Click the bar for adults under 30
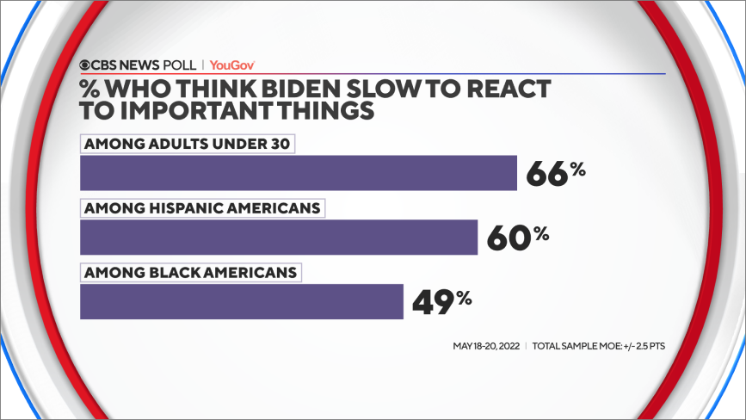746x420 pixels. pyautogui.click(x=298, y=172)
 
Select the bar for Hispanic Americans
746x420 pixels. pyautogui.click(x=278, y=237)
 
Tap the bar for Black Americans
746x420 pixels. pyautogui.click(x=241, y=301)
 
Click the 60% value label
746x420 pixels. pyautogui.click(x=517, y=238)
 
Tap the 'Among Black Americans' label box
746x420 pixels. pyautogui.click(x=191, y=273)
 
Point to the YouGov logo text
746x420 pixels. pyautogui.click(x=232, y=65)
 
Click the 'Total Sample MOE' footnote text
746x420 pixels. pyautogui.click(x=599, y=346)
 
